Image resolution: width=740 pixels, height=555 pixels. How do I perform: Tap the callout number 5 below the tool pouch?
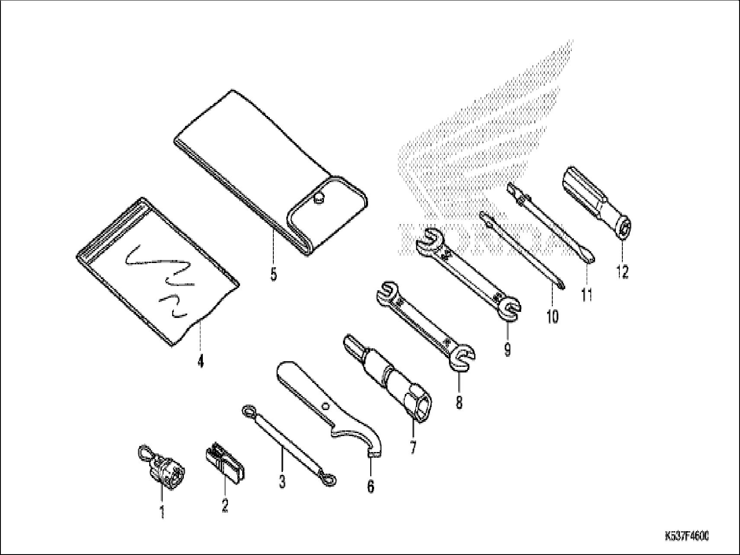point(273,275)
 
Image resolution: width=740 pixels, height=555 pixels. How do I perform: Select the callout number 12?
point(622,272)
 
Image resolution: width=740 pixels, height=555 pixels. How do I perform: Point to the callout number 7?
point(413,446)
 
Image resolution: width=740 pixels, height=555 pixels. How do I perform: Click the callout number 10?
point(552,317)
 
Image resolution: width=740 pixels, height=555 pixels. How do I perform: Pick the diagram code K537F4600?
point(686,536)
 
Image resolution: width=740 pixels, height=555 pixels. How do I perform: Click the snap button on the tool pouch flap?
point(319,198)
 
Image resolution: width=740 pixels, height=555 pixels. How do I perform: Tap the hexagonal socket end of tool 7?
point(421,407)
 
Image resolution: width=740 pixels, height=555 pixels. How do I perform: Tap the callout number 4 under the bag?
point(200,361)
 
